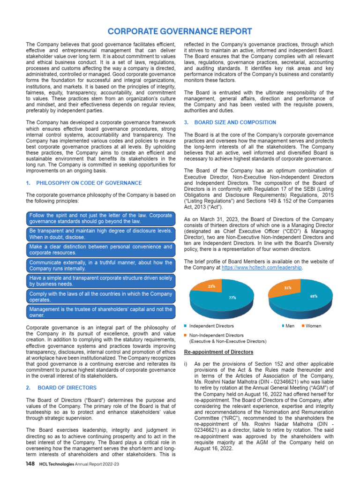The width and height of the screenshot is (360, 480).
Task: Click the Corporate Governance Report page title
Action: point(180,31)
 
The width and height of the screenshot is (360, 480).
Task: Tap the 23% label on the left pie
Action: point(212,285)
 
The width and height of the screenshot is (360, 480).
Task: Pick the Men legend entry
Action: point(288,326)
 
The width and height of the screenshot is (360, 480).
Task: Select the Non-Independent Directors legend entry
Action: point(216,336)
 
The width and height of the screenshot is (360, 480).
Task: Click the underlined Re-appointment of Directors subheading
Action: point(218,352)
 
